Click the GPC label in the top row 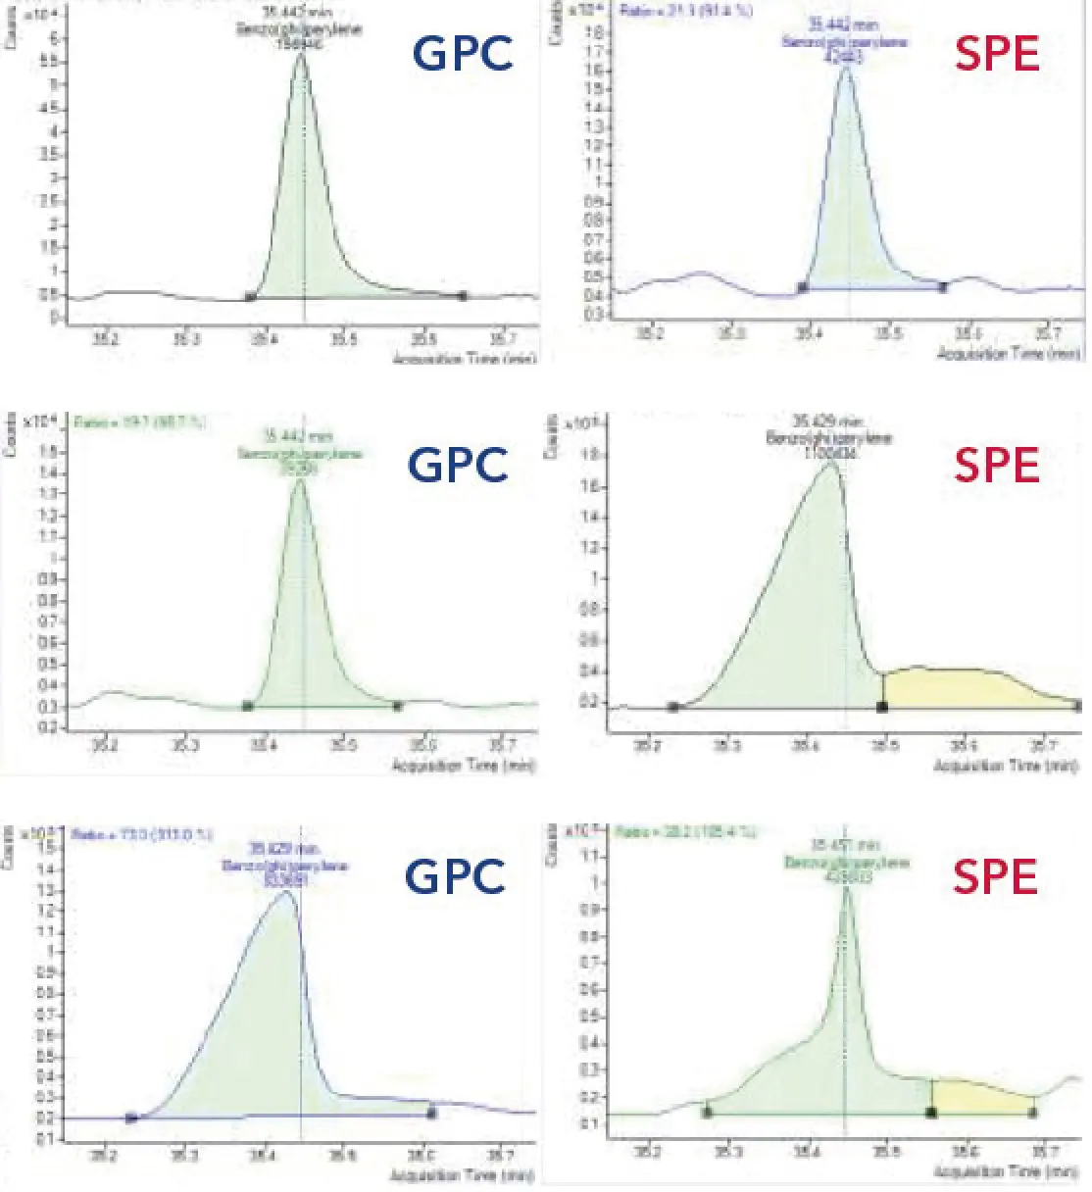463,53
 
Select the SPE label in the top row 997,53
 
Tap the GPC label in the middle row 459,464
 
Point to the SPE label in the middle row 996,464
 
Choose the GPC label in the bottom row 456,875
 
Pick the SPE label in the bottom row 995,875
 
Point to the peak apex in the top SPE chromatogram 846,68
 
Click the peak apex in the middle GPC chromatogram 300,480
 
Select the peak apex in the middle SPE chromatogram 831,463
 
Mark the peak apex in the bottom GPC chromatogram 285,891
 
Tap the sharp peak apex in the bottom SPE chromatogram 845,888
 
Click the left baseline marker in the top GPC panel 251,296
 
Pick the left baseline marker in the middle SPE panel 672,707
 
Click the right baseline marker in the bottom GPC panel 431,1113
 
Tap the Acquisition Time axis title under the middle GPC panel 464,766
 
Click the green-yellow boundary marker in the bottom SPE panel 931,1113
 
